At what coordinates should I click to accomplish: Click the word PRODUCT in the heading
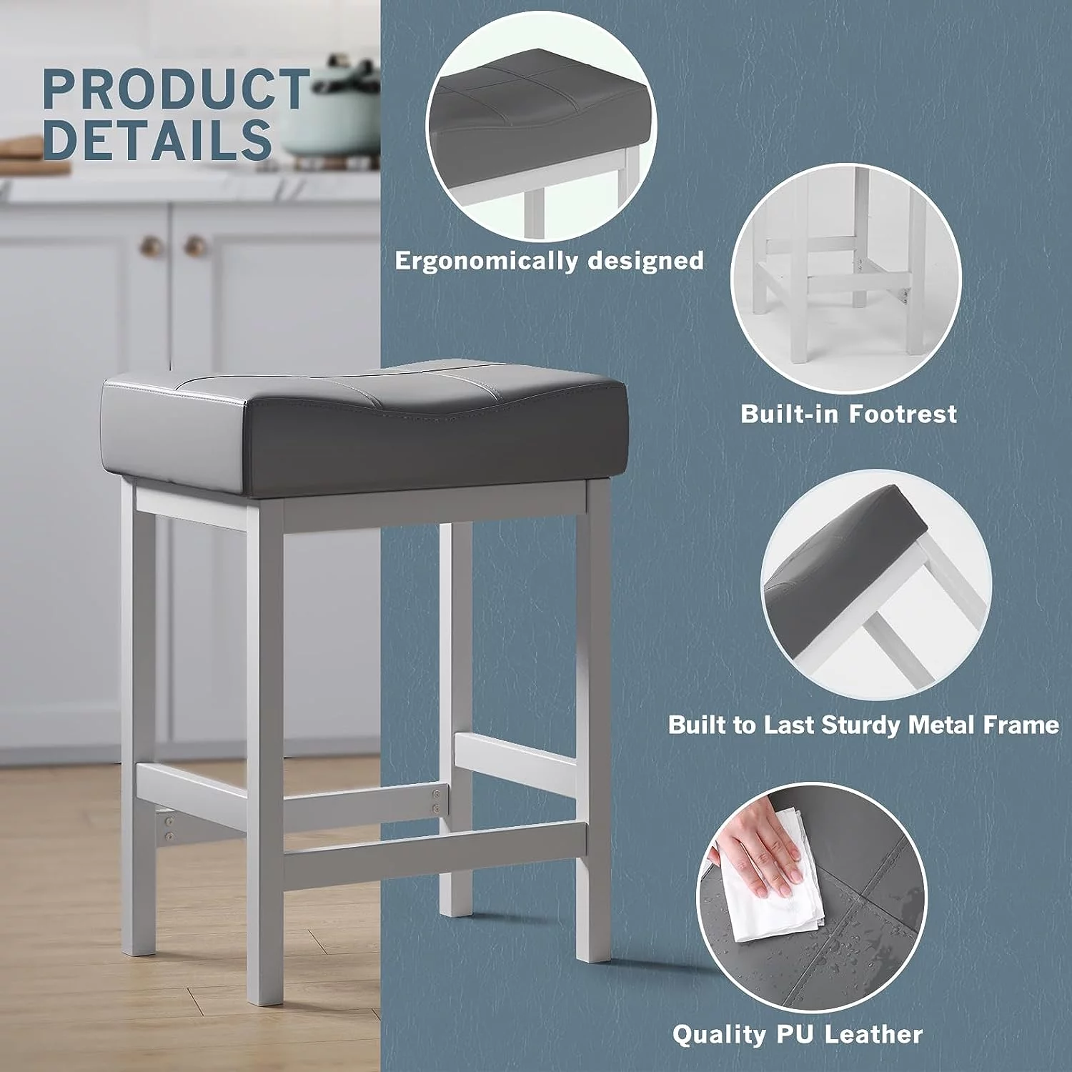coord(176,89)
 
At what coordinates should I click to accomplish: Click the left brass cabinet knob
coord(151,247)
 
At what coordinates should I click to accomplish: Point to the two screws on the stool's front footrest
coord(434,800)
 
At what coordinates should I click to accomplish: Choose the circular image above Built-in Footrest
coord(846,279)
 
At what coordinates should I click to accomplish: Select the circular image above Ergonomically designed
coord(541,127)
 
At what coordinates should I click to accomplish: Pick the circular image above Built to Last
coord(876,585)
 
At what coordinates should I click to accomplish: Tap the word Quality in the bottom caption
coord(710,1035)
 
